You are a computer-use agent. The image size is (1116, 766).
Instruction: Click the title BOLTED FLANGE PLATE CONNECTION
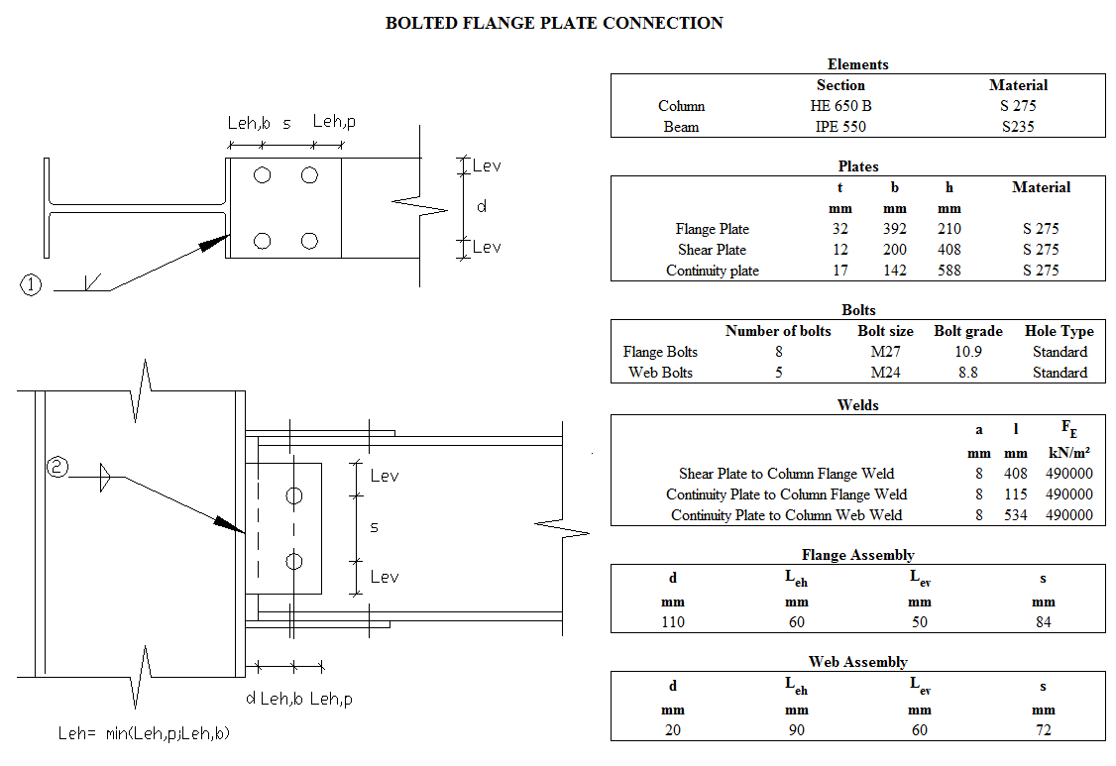(554, 23)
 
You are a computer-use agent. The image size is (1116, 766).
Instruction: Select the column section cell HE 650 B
(840, 106)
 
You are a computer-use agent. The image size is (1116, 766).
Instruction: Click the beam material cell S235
(1018, 127)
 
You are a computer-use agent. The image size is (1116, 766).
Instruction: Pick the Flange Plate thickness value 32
(840, 229)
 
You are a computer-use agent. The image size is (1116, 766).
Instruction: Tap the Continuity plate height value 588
(949, 271)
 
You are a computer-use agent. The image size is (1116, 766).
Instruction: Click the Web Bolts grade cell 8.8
(967, 373)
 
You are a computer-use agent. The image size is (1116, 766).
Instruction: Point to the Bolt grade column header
(967, 331)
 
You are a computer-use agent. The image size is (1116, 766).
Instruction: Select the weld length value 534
(1015, 515)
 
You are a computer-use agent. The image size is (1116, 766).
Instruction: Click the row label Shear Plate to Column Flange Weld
(786, 474)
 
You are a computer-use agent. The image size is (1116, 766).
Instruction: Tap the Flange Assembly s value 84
(1043, 622)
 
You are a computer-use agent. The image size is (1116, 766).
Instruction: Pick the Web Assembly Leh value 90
(796, 730)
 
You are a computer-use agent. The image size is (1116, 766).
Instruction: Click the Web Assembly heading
(857, 662)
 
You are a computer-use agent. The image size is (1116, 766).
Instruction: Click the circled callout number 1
(31, 285)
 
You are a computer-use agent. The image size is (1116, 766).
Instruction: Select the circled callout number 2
(57, 468)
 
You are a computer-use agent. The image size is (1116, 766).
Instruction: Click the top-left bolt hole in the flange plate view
(262, 175)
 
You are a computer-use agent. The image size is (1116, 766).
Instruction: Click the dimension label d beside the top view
(482, 206)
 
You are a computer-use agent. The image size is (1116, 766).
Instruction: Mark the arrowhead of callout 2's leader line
(234, 526)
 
